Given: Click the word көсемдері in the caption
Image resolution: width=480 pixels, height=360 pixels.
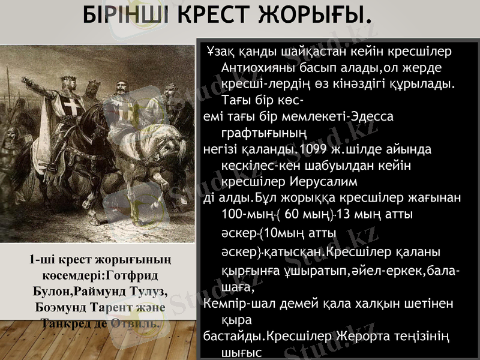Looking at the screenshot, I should pos(72,275).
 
